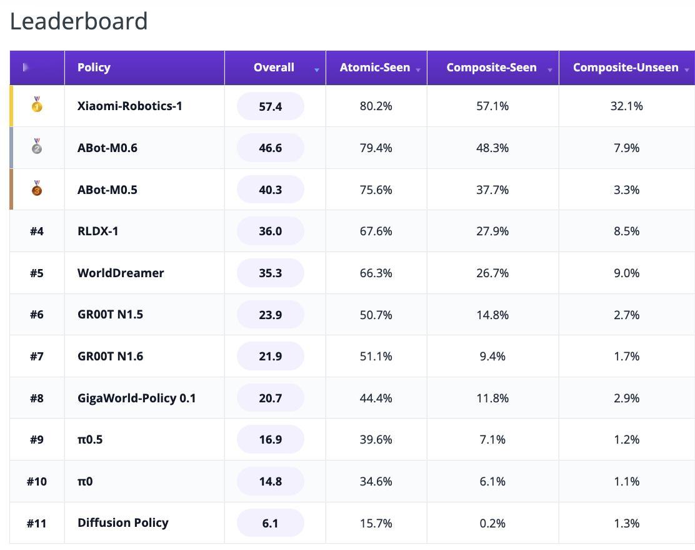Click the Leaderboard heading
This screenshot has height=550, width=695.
(79, 21)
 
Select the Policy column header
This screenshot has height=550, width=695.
(94, 68)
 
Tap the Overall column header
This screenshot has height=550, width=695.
(274, 68)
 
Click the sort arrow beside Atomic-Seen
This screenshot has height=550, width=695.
(418, 70)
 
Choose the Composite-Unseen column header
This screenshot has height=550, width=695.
(626, 68)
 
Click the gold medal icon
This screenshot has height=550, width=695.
(37, 104)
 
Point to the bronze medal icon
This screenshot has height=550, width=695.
(37, 188)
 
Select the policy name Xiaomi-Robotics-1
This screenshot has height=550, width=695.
(129, 106)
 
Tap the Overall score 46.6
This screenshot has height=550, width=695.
(271, 148)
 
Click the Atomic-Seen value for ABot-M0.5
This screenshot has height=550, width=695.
(376, 190)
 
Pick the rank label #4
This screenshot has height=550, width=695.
(37, 232)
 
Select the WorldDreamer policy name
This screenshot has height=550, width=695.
(121, 273)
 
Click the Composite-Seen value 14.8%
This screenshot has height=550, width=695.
(492, 315)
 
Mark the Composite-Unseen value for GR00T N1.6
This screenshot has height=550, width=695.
(627, 357)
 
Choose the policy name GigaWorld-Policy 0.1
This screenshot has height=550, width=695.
(136, 398)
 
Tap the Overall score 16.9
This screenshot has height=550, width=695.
(271, 439)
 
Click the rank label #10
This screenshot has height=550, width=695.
(37, 481)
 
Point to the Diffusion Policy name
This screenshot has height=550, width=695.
(122, 523)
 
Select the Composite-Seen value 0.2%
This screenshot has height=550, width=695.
(492, 523)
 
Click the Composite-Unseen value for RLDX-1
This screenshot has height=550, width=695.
(627, 232)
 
